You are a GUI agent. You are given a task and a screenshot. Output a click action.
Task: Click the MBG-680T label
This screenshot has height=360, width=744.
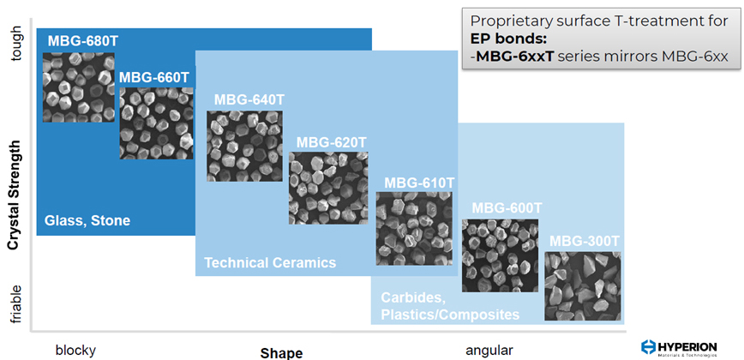[82, 41]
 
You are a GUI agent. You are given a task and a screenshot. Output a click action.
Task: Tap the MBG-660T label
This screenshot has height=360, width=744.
[154, 77]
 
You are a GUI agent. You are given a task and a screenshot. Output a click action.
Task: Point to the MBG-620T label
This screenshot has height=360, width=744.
[332, 141]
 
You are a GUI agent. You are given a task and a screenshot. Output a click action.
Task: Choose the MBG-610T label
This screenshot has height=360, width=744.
[419, 183]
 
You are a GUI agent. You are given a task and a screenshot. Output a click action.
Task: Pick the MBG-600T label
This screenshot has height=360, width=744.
[507, 208]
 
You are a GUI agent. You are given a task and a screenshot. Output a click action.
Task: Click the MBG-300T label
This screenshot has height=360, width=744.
[585, 242]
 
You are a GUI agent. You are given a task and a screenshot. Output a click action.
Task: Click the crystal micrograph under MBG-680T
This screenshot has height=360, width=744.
[79, 87]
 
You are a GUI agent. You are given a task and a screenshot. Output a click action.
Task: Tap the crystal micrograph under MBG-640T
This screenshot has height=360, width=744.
[244, 146]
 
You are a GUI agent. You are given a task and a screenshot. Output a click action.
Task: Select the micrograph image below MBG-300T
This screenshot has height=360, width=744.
[583, 286]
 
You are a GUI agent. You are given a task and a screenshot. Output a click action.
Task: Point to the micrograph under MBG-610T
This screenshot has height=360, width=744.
[414, 228]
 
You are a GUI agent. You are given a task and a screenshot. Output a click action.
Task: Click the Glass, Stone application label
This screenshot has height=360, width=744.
[87, 220]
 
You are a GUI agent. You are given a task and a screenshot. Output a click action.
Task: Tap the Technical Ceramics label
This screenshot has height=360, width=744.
[270, 262]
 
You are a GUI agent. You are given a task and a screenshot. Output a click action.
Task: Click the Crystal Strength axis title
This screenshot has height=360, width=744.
[15, 195]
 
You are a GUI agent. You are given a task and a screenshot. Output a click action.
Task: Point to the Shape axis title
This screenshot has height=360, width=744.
[281, 353]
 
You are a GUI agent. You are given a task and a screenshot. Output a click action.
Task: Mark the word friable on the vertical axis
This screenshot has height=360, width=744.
[15, 304]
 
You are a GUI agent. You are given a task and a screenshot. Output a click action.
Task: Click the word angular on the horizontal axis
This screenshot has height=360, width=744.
[489, 351]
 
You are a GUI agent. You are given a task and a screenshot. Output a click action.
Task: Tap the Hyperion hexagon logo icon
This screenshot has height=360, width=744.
[648, 347]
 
